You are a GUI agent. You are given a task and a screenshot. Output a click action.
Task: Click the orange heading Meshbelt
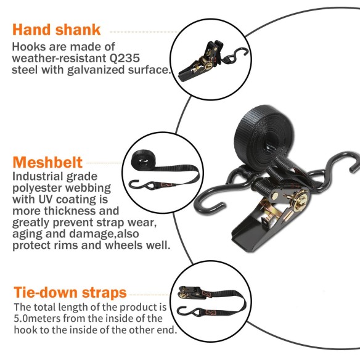click(47, 162)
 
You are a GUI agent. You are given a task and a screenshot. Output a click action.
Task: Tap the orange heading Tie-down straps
click(70, 292)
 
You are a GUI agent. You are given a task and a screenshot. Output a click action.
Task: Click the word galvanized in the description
click(92, 70)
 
